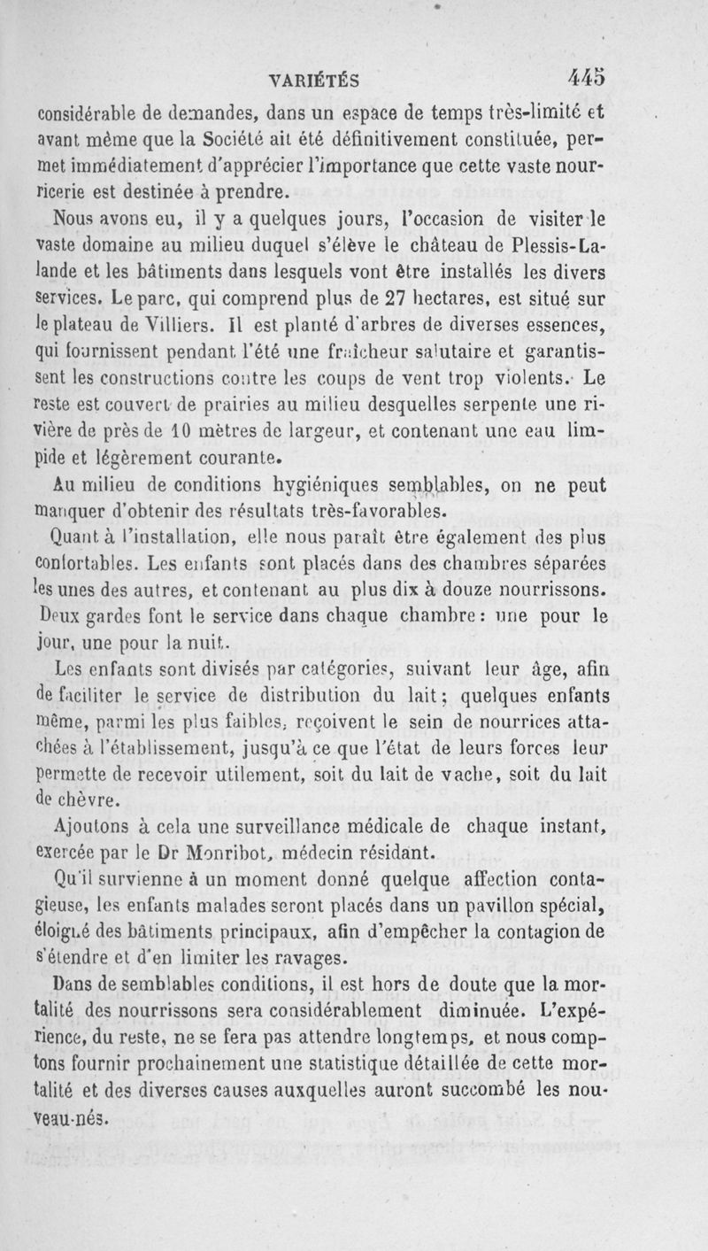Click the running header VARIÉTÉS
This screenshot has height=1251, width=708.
(313, 81)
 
